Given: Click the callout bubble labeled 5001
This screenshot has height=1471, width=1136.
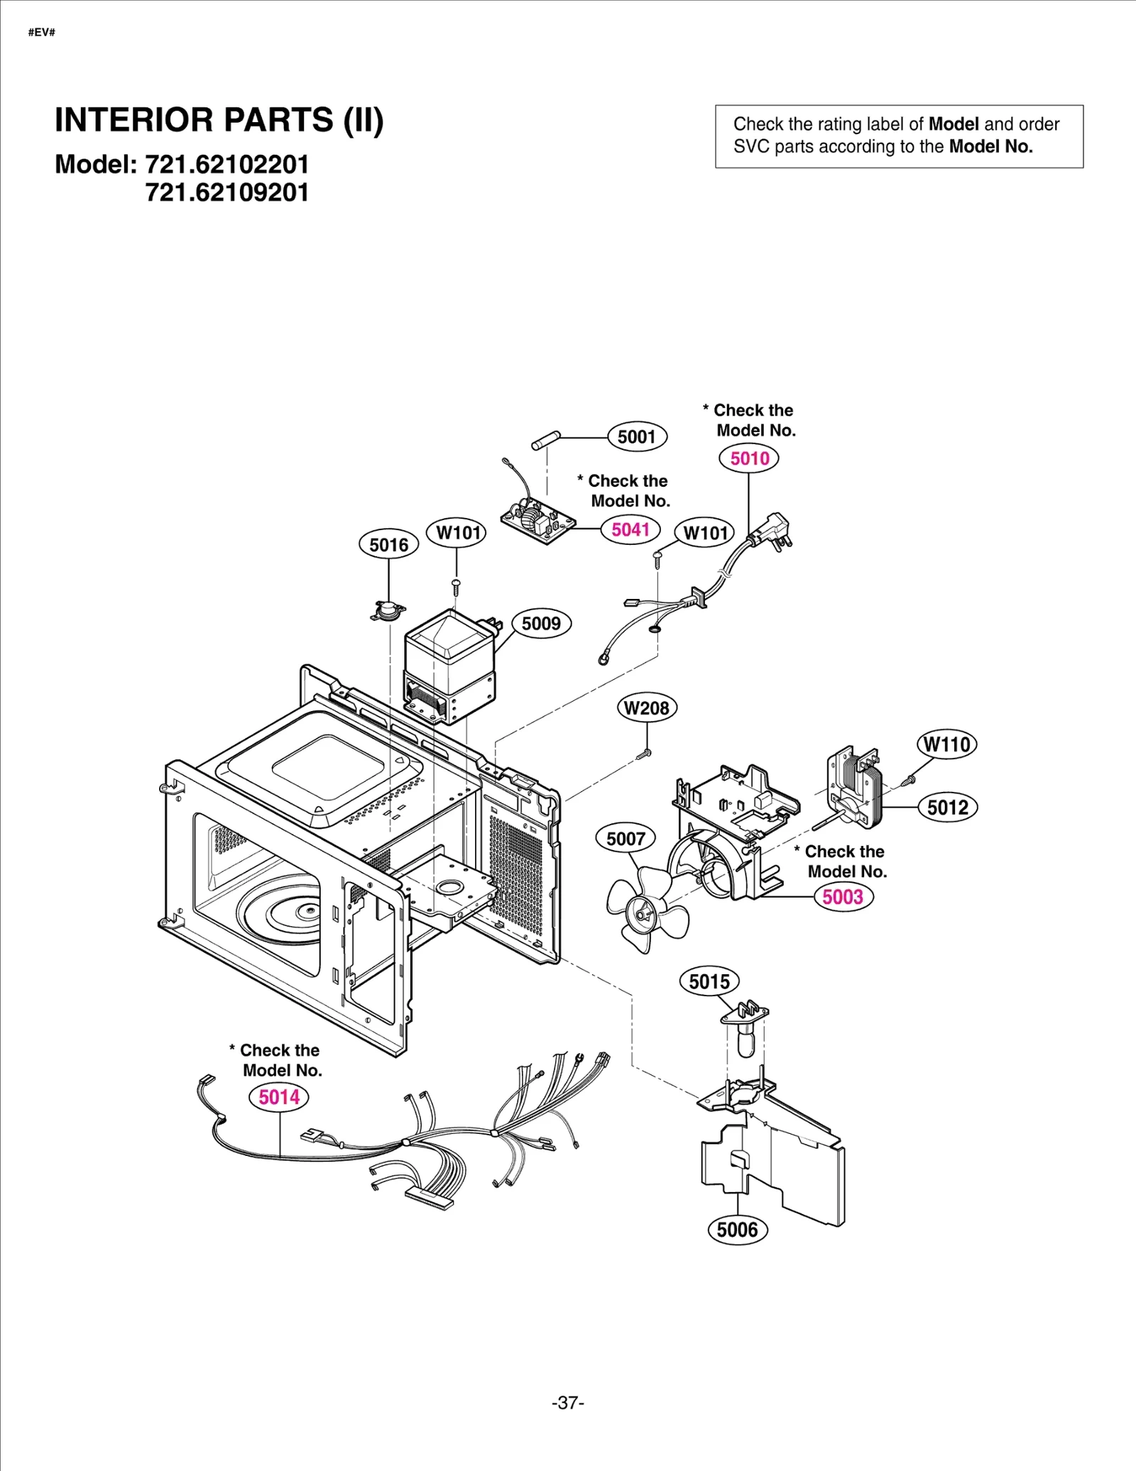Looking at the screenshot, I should (x=637, y=436).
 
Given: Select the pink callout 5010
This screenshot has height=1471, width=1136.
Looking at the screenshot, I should (x=749, y=458).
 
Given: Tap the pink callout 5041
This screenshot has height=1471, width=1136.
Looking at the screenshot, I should (x=630, y=529).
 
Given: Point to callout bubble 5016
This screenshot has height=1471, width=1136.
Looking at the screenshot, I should (x=388, y=545).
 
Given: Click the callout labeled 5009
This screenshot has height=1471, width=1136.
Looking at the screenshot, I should (x=541, y=624).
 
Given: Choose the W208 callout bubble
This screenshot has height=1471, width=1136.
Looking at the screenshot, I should (x=646, y=707).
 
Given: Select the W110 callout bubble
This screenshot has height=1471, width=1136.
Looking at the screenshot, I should (x=947, y=744).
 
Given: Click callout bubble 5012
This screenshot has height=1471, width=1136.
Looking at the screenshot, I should (x=947, y=808).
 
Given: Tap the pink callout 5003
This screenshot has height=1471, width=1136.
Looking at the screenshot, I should (x=843, y=897).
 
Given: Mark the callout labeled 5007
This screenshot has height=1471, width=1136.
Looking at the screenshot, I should (x=626, y=839).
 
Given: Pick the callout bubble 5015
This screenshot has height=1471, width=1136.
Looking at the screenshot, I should (x=709, y=982).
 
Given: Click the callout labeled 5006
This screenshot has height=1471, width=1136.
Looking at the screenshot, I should (x=738, y=1230).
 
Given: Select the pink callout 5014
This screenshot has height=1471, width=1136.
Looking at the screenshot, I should (x=279, y=1097).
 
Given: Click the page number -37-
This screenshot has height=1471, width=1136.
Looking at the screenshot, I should (x=567, y=1403).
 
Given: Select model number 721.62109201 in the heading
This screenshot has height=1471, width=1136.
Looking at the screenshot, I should (x=227, y=193).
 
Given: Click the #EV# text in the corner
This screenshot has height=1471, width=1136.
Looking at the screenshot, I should (x=42, y=33).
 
